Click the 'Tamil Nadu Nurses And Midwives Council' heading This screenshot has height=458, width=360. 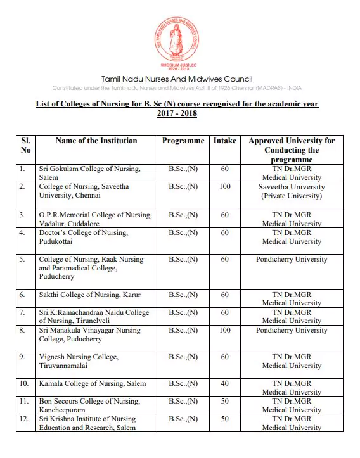click(x=180, y=78)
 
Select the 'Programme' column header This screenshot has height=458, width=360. click(x=183, y=141)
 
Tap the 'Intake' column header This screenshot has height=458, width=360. click(x=224, y=141)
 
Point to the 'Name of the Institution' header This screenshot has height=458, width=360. click(x=96, y=141)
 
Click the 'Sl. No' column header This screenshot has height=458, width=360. click(x=26, y=145)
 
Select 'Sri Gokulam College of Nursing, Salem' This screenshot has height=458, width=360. click(x=89, y=174)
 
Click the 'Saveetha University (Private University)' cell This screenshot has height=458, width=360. click(x=292, y=191)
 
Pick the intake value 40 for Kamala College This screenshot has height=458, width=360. click(x=224, y=384)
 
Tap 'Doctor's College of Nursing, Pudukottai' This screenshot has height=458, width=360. click(x=83, y=238)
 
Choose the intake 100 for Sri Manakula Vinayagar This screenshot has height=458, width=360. click(x=224, y=331)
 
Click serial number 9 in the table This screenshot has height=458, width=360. click(x=23, y=357)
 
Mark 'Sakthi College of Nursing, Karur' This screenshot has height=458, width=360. click(x=89, y=295)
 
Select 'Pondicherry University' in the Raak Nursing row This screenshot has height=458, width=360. click(x=292, y=260)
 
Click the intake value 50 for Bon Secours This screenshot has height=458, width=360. click(x=224, y=402)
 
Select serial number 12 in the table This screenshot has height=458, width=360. click(x=24, y=419)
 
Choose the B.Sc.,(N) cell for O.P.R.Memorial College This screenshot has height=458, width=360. click(x=183, y=215)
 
